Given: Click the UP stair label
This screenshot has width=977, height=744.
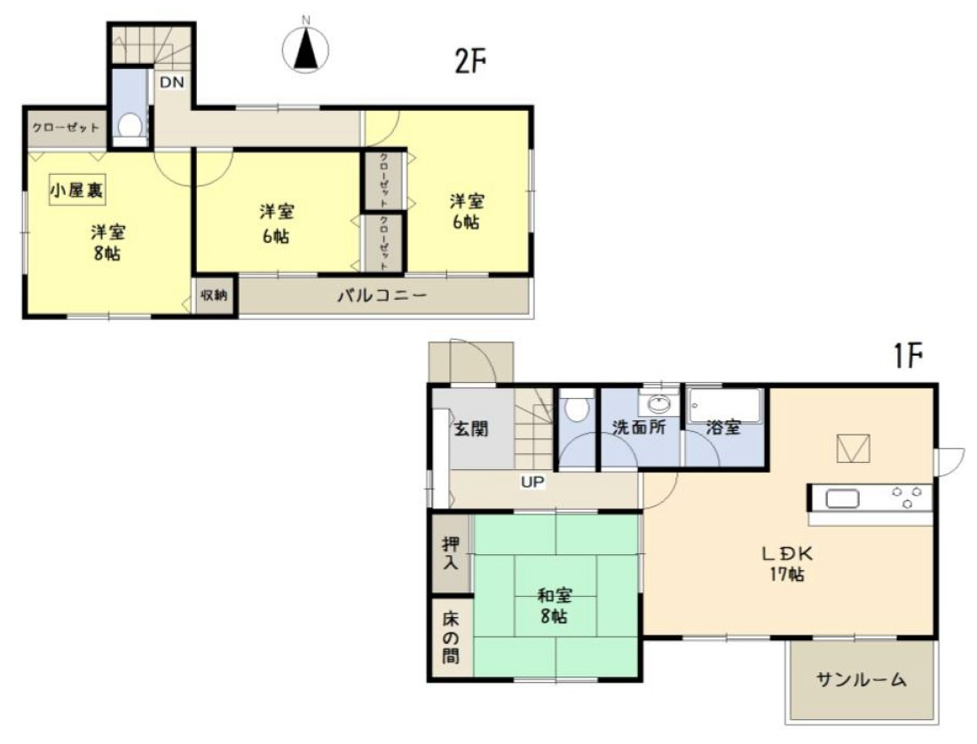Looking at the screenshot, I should (532, 482).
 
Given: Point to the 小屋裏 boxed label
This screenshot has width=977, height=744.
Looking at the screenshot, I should (76, 188).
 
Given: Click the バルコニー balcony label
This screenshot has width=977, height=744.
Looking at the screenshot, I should (382, 295).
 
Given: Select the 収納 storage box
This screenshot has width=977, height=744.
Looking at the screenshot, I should (215, 296).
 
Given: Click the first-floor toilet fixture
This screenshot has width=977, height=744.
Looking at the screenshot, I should (577, 410).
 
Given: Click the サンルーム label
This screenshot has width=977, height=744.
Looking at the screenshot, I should (861, 680).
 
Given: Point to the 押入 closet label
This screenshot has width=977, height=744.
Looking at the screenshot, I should (452, 552).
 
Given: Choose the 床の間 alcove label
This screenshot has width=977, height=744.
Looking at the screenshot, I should (452, 638).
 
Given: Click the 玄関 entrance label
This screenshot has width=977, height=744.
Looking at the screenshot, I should (471, 430).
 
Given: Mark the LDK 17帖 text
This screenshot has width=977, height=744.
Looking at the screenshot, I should (786, 563).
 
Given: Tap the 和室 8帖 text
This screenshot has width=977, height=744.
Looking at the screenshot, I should (555, 605).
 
